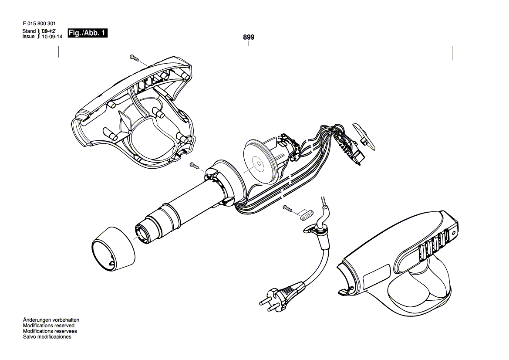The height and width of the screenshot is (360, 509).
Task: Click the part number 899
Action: (x=249, y=37)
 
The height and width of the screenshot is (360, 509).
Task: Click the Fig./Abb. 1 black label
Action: (x=88, y=33)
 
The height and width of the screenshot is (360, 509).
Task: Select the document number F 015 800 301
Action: (x=39, y=24)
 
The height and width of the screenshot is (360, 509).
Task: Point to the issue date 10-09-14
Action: (x=52, y=37)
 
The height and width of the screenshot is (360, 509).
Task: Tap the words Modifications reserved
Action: (x=49, y=326)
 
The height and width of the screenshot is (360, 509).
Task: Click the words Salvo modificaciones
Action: (x=47, y=337)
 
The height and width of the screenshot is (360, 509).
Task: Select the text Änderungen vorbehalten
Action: (x=51, y=320)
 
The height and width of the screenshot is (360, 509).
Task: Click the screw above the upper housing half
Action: (x=135, y=58)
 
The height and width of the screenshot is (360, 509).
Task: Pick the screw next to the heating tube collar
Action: (x=195, y=166)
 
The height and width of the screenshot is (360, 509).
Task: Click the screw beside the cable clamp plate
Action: (x=288, y=208)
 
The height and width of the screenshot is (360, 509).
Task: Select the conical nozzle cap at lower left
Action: (x=113, y=249)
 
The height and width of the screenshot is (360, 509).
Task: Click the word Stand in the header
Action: (x=29, y=31)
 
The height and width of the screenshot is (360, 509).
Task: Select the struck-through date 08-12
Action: (x=49, y=31)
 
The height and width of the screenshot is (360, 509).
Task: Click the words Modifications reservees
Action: (x=50, y=331)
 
